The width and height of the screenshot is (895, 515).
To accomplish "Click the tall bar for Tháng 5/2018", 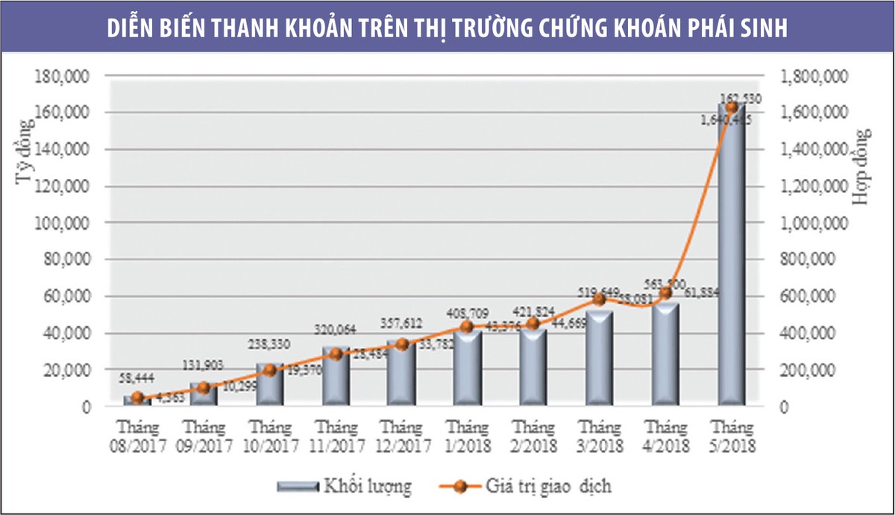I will [x=731, y=261].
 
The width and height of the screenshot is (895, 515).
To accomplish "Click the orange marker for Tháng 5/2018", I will [x=731, y=107].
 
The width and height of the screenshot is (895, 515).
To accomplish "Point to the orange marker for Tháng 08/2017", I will [x=137, y=397].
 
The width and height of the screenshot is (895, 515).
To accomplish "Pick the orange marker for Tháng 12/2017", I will [x=402, y=344].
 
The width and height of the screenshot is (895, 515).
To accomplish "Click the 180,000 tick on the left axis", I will [x=69, y=76].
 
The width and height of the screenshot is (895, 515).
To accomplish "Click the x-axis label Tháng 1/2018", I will [x=467, y=437].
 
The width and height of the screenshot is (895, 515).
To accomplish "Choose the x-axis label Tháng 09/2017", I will [x=203, y=437].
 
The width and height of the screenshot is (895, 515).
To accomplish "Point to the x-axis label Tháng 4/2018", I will [x=665, y=437].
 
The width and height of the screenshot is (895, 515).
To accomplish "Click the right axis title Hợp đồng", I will [x=865, y=167].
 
